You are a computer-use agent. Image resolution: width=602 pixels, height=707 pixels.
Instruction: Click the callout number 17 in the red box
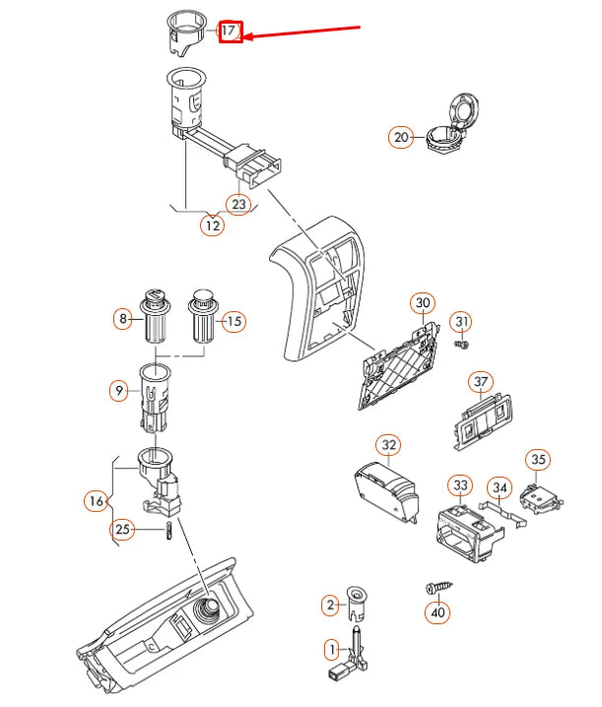[229, 32]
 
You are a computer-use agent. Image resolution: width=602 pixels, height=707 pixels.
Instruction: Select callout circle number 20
[401, 138]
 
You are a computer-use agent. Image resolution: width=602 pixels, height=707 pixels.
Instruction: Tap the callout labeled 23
[238, 204]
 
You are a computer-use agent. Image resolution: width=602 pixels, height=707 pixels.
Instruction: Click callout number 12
[212, 225]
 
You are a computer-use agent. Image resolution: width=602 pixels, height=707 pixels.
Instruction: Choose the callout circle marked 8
[123, 319]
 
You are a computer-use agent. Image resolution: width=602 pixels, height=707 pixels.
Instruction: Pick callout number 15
[234, 321]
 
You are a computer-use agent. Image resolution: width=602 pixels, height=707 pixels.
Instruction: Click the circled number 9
[119, 391]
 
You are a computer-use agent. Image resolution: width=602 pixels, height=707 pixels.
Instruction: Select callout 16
[96, 501]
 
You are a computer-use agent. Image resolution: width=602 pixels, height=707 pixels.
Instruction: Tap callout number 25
[122, 531]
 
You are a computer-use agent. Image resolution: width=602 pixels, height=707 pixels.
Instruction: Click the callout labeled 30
[423, 301]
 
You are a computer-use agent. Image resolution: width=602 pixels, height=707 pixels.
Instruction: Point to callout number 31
[463, 322]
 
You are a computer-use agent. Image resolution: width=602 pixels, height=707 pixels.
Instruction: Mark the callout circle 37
[480, 381]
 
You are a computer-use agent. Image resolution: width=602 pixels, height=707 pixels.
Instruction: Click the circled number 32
[389, 445]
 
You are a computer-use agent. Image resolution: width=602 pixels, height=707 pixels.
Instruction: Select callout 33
[460, 484]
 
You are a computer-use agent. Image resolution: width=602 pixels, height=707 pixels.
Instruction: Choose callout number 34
[500, 486]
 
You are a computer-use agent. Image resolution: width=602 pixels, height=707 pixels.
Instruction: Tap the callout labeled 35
[537, 459]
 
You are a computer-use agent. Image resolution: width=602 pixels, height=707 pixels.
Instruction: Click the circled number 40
[438, 611]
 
